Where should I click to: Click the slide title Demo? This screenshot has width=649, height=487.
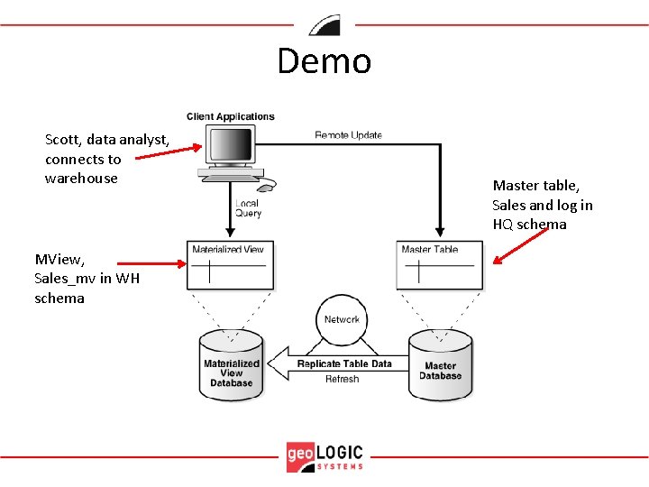324,61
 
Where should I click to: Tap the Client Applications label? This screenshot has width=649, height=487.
231,116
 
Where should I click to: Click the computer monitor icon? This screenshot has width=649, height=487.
230,148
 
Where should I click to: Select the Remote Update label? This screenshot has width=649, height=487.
348,135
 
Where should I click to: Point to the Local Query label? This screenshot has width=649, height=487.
248,208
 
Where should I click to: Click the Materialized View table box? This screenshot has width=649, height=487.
230,265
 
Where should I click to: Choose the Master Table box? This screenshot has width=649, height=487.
439,265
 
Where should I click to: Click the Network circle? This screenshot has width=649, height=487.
342,320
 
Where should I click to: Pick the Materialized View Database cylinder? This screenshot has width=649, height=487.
232,366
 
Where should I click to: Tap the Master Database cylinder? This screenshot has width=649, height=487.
440,366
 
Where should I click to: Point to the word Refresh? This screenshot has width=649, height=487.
342,380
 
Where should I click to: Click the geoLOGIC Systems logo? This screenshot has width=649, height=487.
324,455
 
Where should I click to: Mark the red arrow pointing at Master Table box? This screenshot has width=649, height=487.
521,245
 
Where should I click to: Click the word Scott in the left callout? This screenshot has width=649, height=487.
63,140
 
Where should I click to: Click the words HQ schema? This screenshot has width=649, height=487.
529,225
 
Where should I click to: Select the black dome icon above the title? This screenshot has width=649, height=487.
324,25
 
